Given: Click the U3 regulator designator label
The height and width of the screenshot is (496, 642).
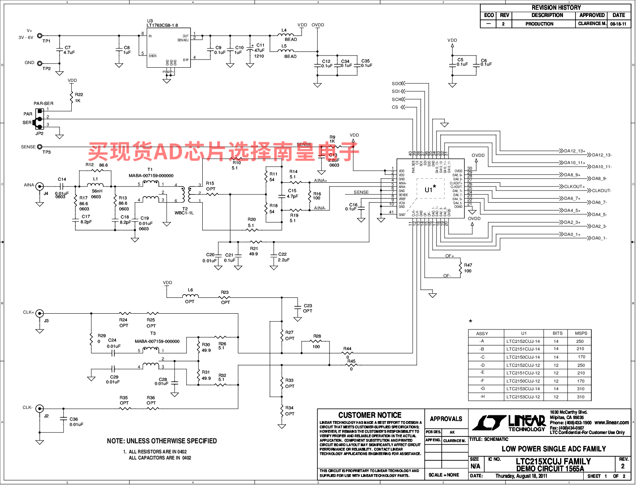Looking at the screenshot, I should click(x=150, y=21).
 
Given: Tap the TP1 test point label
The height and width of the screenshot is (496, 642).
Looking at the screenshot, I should click(x=47, y=41).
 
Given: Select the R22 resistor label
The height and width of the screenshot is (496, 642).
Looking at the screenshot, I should click(x=79, y=94).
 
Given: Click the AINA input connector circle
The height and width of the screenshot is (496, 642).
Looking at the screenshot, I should click(x=40, y=186).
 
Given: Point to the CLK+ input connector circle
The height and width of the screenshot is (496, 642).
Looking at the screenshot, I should click(x=40, y=313).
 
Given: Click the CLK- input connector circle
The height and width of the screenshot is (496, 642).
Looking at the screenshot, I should click(x=40, y=408).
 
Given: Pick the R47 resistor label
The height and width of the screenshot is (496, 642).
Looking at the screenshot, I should click(x=468, y=265).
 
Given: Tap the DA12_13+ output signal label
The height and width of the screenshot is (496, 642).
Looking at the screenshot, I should click(x=574, y=151).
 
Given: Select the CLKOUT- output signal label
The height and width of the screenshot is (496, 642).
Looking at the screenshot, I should click(x=601, y=190).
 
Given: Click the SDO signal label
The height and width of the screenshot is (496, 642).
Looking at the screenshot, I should click(x=396, y=83).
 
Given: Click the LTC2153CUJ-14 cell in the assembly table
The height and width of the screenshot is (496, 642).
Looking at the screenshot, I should click(x=523, y=389).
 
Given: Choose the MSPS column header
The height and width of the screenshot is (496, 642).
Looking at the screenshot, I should click(x=581, y=333).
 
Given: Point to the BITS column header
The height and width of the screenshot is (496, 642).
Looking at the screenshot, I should click(x=558, y=333).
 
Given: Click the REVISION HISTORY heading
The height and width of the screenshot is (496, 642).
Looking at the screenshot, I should click(x=556, y=8).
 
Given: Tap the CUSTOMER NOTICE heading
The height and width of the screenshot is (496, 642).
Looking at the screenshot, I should click(x=370, y=415).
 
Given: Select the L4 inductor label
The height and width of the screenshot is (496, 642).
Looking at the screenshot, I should click(x=284, y=30).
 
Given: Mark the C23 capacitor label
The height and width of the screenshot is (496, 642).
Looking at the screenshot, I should click(x=308, y=306).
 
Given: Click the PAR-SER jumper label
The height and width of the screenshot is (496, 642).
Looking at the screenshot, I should click(x=43, y=103).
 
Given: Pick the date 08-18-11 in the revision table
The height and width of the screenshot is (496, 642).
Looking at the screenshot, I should click(x=618, y=24).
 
